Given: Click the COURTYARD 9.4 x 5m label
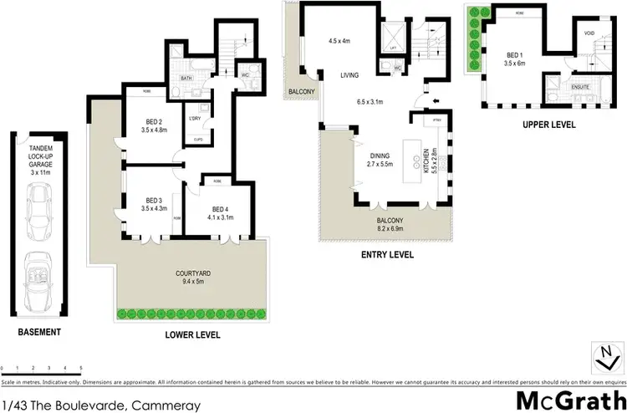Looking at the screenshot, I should (188, 277).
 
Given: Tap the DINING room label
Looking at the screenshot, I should (381, 155).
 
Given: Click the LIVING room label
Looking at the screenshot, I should (349, 75).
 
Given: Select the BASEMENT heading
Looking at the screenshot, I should (40, 333).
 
